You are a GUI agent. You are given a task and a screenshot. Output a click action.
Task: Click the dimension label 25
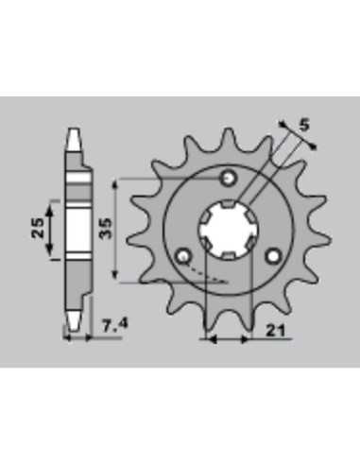tap(38, 228)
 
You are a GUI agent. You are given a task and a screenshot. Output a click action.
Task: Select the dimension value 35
tap(105, 228)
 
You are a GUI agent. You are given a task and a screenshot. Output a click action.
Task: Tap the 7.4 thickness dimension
tap(114, 325)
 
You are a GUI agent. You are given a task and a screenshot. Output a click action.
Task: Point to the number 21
tap(275, 331)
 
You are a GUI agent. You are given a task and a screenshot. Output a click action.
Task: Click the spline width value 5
tap(304, 126)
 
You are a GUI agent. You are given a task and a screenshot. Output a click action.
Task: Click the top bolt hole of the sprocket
tap(229, 179)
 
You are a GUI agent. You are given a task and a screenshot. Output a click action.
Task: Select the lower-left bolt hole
tap(183, 256)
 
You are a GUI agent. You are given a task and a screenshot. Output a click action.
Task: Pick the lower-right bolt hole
tap(273, 256)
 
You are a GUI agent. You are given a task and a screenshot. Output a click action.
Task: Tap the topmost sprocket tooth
tap(229, 139)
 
